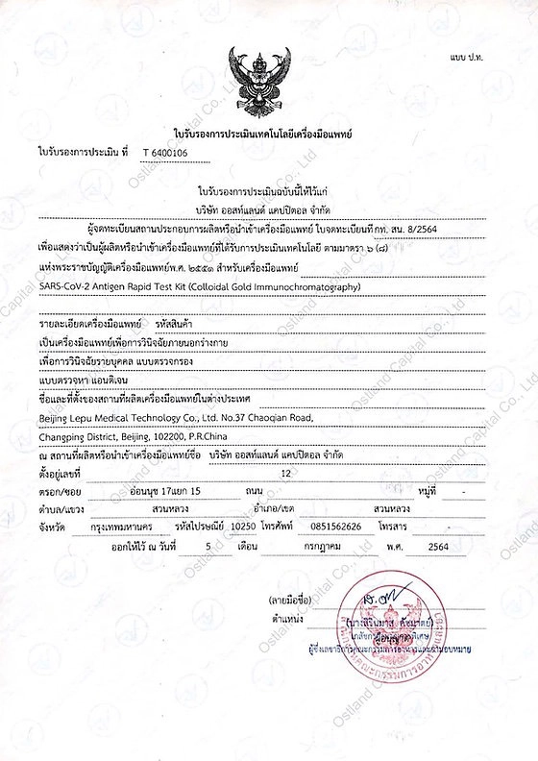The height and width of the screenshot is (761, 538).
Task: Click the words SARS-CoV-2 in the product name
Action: tap(68, 286)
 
